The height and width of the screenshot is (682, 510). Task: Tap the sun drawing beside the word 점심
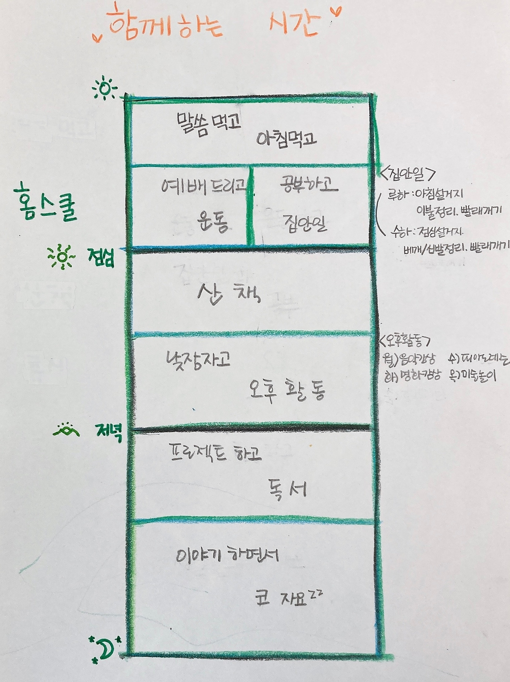(x=61, y=257)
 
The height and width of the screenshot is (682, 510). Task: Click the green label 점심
(x=101, y=258)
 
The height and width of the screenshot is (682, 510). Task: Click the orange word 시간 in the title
(x=294, y=23)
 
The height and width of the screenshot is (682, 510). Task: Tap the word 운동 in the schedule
(x=213, y=222)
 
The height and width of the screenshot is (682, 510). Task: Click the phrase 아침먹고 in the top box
(x=286, y=139)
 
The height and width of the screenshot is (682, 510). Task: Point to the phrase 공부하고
(x=309, y=185)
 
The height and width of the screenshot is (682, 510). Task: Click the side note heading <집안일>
(x=408, y=174)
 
